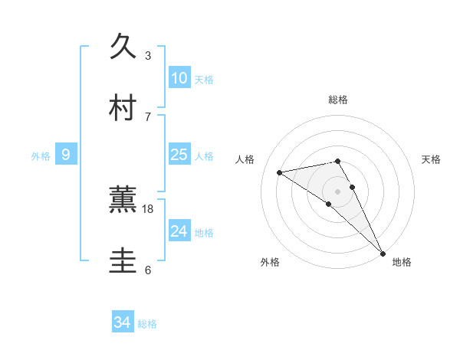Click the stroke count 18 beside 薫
(x=148, y=208)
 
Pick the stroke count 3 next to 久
(x=148, y=55)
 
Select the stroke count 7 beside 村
(x=148, y=116)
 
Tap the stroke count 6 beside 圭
(x=148, y=270)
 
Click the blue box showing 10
(x=179, y=77)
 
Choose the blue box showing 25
(x=179, y=155)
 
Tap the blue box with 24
(x=179, y=231)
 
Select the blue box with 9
(x=66, y=155)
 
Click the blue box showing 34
(x=123, y=322)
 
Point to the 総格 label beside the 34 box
(x=148, y=324)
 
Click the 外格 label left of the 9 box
(x=41, y=156)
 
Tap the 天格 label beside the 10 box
(x=204, y=80)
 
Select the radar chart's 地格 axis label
(x=402, y=263)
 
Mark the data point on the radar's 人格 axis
(x=280, y=172)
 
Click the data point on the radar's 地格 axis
(x=383, y=253)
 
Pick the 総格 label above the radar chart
(x=338, y=100)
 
